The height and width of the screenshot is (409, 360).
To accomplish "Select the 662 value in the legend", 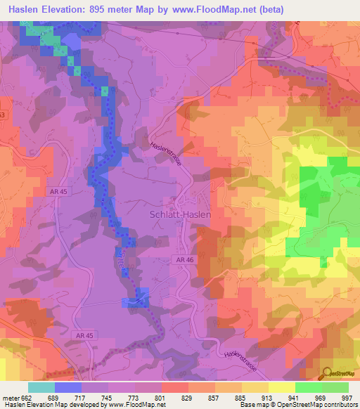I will (27, 398).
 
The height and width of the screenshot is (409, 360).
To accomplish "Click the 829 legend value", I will (188, 398).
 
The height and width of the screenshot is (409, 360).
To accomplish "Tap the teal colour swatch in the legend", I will (41, 387).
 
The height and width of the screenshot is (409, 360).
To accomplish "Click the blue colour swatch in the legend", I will (68, 387).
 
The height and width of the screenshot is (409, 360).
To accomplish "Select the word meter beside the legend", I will (9, 398).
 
